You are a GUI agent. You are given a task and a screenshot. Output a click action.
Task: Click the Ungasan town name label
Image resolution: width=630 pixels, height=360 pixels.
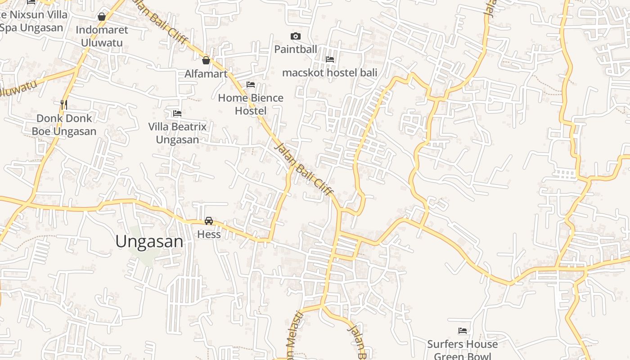pos(149,242)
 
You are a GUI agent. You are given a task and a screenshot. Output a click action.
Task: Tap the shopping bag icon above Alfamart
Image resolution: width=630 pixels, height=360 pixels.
pos(206,60)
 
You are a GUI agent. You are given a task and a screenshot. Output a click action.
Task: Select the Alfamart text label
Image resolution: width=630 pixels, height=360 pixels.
pos(206,74)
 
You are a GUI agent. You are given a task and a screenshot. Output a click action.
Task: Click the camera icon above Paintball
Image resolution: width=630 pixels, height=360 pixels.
pos(296,36)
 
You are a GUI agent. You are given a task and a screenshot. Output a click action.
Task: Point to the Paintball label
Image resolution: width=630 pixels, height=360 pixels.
pos(296,49)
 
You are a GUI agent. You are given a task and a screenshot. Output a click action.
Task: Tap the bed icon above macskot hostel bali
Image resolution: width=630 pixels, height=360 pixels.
pos(330,59)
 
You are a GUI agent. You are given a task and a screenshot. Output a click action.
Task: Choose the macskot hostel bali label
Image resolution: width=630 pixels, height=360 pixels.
pos(330,72)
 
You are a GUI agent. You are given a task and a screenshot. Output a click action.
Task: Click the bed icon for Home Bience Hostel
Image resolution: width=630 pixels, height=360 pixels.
pos(251,85)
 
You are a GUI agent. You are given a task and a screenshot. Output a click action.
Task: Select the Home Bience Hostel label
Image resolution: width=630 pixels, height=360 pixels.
pos(251,104)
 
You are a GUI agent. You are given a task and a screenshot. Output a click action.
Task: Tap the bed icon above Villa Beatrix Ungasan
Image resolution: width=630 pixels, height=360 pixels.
pos(177,113)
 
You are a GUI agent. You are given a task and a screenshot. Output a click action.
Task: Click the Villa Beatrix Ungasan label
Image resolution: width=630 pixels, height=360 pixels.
pos(177,133)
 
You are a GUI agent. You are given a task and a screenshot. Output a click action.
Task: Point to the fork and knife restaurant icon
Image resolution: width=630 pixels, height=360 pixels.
pos(64,105)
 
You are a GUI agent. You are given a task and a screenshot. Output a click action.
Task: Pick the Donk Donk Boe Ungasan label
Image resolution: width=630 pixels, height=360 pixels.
pos(64,125)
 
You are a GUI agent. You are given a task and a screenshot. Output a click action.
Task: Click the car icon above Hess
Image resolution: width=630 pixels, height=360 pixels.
pos(209,221)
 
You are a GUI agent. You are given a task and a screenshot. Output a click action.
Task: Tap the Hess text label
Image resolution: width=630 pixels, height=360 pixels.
pos(209,234)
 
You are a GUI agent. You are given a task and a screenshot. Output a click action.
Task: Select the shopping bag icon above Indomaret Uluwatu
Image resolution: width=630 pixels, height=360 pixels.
pos(102,17)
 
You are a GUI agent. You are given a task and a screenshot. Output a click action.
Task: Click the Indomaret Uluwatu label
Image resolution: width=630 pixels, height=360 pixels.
pos(102,36)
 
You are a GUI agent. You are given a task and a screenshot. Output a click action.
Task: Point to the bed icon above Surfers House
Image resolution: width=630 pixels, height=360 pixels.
pos(463,331)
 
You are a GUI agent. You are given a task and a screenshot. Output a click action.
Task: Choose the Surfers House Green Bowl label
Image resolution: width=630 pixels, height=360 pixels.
pos(463,350)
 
